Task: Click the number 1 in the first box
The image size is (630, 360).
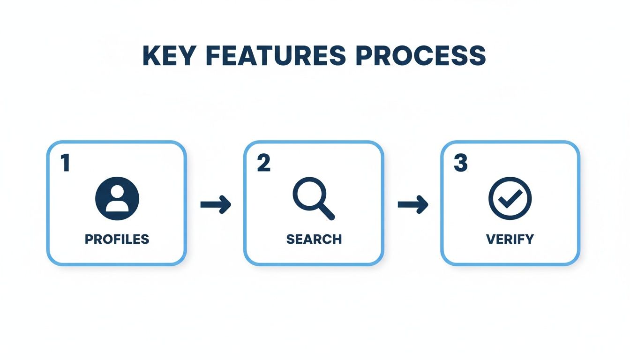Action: pos(65,164)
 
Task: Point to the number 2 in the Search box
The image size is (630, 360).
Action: pos(263,164)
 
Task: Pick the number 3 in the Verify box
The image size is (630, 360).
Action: pos(460,164)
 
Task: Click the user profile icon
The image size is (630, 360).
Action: pos(117,198)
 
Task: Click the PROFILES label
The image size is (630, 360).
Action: pos(117,239)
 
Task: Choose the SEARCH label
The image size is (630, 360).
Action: pos(314,239)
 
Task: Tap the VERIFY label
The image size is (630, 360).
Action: pos(510,239)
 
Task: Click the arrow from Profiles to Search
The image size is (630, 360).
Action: pos(216,205)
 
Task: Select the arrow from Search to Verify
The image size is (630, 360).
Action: pos(412,205)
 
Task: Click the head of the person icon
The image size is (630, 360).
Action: pos(117,191)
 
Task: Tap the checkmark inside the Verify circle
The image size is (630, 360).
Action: pos(510,199)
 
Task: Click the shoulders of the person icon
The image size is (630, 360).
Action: pos(117,206)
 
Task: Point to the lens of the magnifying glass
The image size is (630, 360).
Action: pos(308,194)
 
